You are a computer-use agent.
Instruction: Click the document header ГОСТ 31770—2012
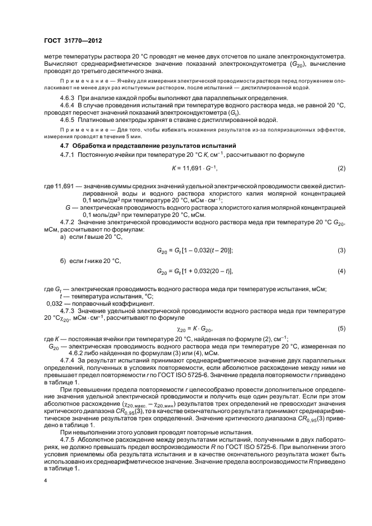73,40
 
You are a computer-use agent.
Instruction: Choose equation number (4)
341,272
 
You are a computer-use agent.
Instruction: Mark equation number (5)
341,328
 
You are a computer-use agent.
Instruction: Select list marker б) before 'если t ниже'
63,260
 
